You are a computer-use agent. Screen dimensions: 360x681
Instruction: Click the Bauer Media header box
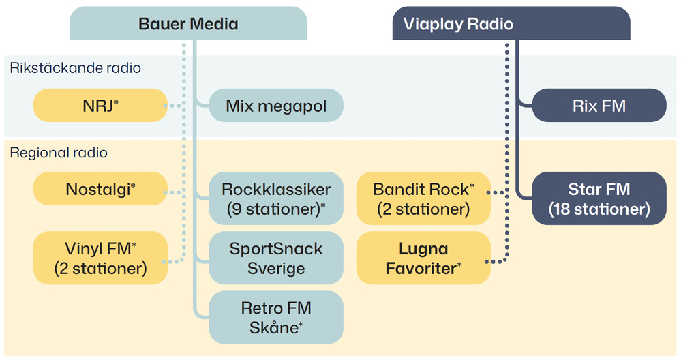pos(188,24)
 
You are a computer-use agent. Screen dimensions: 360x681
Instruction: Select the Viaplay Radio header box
pos(511,24)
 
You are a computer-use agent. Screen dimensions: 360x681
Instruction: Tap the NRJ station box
pos(100,106)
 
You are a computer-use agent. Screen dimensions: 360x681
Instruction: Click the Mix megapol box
pos(276,106)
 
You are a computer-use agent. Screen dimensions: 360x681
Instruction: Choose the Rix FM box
pos(598,106)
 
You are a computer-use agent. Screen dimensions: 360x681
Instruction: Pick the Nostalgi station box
pos(100,189)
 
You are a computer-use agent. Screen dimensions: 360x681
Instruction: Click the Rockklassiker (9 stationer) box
pos(276,198)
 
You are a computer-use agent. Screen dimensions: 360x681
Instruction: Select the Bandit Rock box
pos(423,198)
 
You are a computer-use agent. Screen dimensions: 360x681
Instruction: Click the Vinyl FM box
pos(100,258)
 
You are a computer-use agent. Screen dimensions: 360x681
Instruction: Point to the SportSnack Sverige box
pos(276,258)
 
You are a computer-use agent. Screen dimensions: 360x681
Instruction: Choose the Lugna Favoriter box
pos(423,258)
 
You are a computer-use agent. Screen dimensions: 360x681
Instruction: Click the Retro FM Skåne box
pos(276,317)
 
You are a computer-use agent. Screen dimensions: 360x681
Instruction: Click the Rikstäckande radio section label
pos(75,67)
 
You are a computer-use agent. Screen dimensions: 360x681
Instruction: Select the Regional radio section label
pos(59,153)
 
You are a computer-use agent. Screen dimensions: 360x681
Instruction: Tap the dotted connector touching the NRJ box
pos(176,106)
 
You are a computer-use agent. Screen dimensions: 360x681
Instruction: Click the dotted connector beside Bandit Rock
pos(499,192)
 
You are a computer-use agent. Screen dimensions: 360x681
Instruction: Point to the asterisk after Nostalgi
pos(133,185)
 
